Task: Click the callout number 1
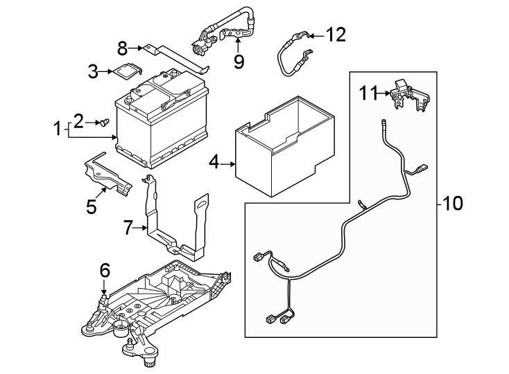click(x=58, y=128)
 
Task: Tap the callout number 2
click(x=78, y=121)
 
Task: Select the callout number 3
click(x=93, y=71)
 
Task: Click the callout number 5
click(x=91, y=206)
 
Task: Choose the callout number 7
click(x=128, y=227)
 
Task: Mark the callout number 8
click(x=123, y=48)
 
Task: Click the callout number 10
click(x=452, y=204)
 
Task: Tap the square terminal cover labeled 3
click(x=126, y=71)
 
